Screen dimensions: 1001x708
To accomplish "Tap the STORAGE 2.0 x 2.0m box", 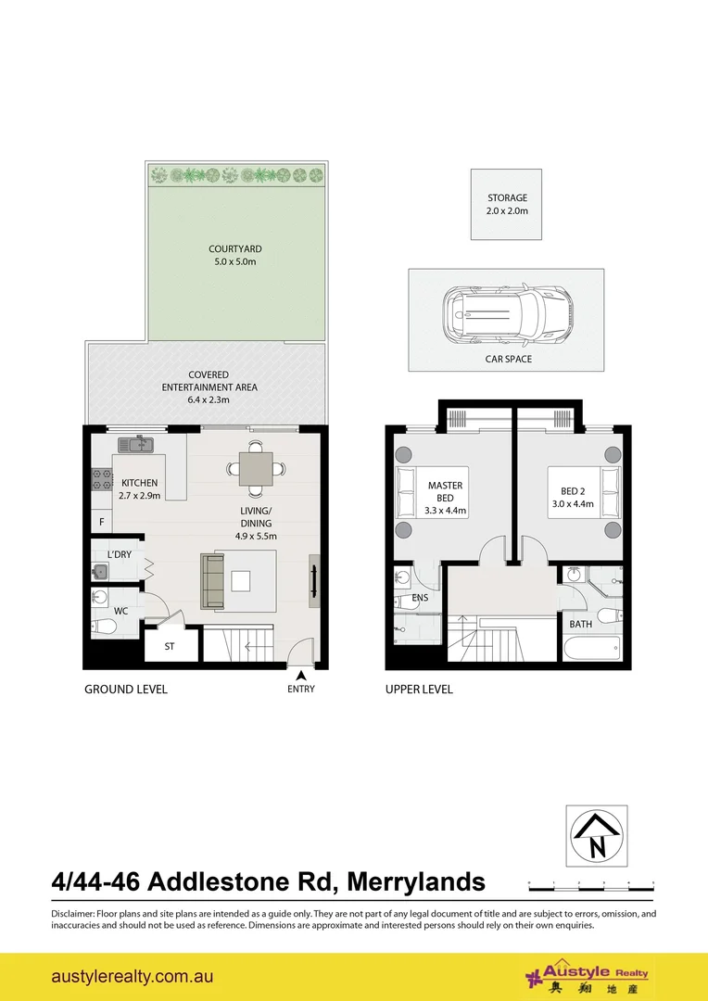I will (507, 204).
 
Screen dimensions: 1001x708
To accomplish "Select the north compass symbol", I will (597, 835).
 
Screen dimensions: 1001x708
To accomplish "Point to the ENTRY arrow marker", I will (300, 675).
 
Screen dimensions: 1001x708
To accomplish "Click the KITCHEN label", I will (140, 483).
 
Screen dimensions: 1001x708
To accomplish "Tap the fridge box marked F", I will (101, 523).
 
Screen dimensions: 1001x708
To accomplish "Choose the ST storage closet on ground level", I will (171, 646).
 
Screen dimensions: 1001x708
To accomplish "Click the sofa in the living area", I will (214, 581).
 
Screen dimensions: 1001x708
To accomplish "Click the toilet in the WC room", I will (105, 627).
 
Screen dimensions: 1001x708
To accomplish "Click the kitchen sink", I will (141, 443).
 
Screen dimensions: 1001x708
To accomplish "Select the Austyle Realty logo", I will (587, 977).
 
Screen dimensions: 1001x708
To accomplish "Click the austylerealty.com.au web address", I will (133, 977).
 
